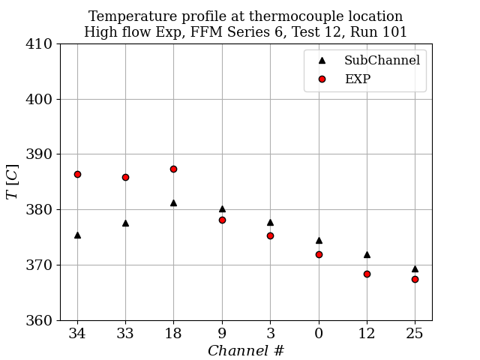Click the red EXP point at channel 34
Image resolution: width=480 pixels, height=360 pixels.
pyautogui.click(x=77, y=174)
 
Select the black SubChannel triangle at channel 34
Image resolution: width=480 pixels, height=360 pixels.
pyautogui.click(x=77, y=235)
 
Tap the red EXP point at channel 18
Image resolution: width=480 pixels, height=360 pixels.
pyautogui.click(x=173, y=169)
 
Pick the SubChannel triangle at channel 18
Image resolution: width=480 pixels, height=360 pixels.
pyautogui.click(x=173, y=202)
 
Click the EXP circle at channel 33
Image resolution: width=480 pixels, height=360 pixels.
pyautogui.click(x=125, y=177)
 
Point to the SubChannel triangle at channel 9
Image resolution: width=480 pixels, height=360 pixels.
pyautogui.click(x=222, y=208)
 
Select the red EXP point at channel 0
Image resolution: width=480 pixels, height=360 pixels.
pyautogui.click(x=319, y=254)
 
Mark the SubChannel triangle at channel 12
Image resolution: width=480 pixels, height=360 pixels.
pyautogui.click(x=367, y=254)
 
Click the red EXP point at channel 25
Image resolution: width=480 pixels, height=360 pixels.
pyautogui.click(x=415, y=279)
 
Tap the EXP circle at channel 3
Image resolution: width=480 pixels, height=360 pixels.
pyautogui.click(x=270, y=235)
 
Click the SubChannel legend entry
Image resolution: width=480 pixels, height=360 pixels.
pyautogui.click(x=381, y=61)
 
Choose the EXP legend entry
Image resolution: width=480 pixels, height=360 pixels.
pyautogui.click(x=357, y=79)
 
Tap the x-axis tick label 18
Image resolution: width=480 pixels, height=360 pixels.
pyautogui.click(x=173, y=334)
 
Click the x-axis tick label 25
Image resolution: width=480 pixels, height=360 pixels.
pyautogui.click(x=415, y=334)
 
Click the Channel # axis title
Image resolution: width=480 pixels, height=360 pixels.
pyautogui.click(x=246, y=350)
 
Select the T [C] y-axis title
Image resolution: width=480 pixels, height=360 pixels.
pyautogui.click(x=12, y=181)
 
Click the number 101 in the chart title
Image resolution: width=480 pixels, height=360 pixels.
pyautogui.click(x=394, y=32)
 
